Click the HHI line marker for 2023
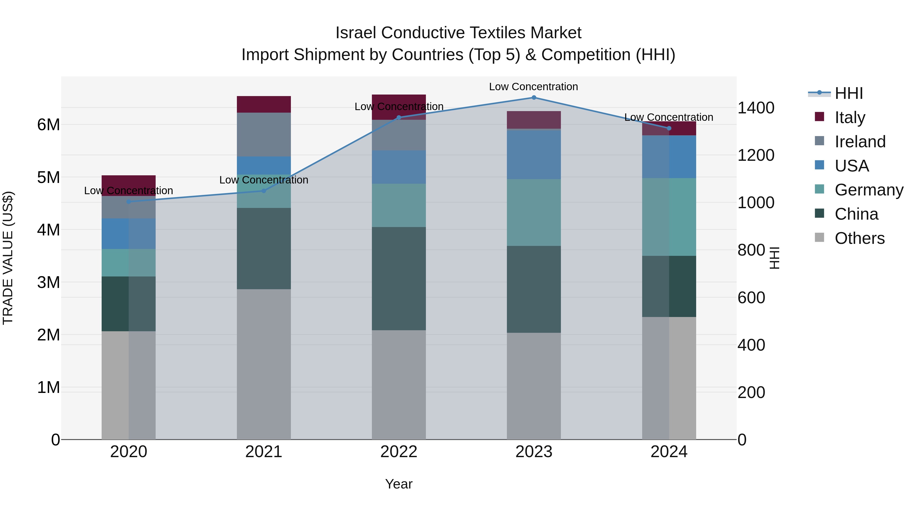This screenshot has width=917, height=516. [534, 98]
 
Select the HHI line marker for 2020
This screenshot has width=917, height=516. [129, 202]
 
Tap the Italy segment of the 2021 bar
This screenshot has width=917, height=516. [264, 104]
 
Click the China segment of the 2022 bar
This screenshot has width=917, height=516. [399, 279]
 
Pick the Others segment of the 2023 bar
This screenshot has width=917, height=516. [534, 386]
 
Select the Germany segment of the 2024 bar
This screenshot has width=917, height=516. [669, 217]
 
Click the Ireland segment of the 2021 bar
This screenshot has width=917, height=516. [264, 135]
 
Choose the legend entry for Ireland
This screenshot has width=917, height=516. [860, 142]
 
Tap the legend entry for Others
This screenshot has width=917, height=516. [859, 238]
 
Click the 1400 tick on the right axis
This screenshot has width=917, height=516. [756, 108]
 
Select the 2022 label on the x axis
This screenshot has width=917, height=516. [399, 452]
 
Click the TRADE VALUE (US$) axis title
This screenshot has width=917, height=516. [8, 258]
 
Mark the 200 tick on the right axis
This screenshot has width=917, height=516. [751, 392]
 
